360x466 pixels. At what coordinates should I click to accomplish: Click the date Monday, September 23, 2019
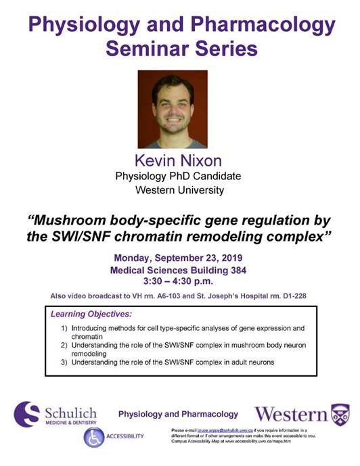pos(179,258)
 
